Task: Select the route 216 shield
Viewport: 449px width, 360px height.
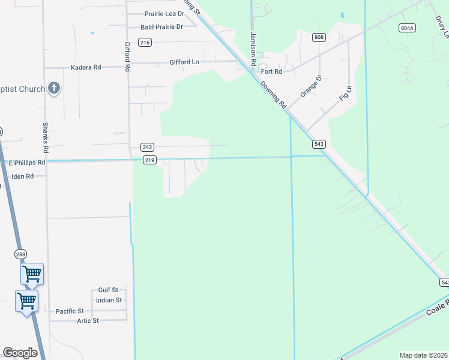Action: coord(145,42)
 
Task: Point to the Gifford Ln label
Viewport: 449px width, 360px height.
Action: coord(184,62)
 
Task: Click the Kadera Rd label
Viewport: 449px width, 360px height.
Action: coord(86,67)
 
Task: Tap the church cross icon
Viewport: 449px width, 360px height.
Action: coord(54,89)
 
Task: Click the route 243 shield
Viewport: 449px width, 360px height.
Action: coord(148,147)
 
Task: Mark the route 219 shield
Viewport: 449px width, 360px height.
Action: coord(149,160)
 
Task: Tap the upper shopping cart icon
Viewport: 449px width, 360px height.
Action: coord(32,274)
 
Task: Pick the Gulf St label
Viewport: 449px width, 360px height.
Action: coord(108,290)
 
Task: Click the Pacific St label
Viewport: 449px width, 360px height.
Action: coord(70,311)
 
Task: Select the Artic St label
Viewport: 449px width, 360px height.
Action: coord(88,321)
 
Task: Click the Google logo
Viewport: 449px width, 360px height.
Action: coord(20,353)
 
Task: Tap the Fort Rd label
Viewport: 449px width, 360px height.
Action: coord(272,71)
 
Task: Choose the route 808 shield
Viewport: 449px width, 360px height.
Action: coord(319,37)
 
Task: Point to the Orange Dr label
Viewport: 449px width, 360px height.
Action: coord(311,86)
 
